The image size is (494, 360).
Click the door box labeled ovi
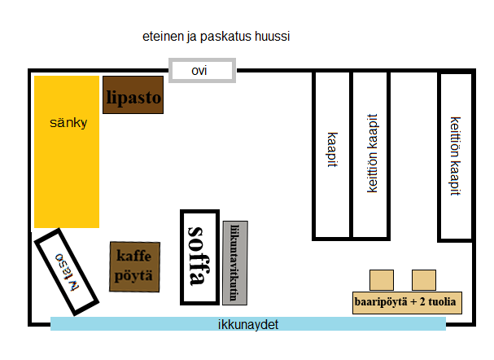(201, 70)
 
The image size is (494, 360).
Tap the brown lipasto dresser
(133, 94)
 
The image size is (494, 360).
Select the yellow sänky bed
(66, 151)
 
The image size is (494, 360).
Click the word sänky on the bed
(68, 124)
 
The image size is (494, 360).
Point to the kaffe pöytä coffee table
(133, 266)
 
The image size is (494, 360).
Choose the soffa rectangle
(199, 257)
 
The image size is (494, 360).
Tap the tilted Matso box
(68, 271)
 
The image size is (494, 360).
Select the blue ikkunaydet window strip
(248, 324)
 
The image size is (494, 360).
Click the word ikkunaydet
(248, 324)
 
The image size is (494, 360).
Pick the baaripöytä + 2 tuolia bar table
(407, 302)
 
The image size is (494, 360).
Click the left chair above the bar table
(381, 279)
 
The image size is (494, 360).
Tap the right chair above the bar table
(423, 279)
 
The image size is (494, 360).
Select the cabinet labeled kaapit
(332, 155)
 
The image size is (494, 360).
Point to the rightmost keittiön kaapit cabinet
(455, 156)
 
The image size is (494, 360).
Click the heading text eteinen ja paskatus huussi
(216, 37)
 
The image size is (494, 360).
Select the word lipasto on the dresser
(133, 99)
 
